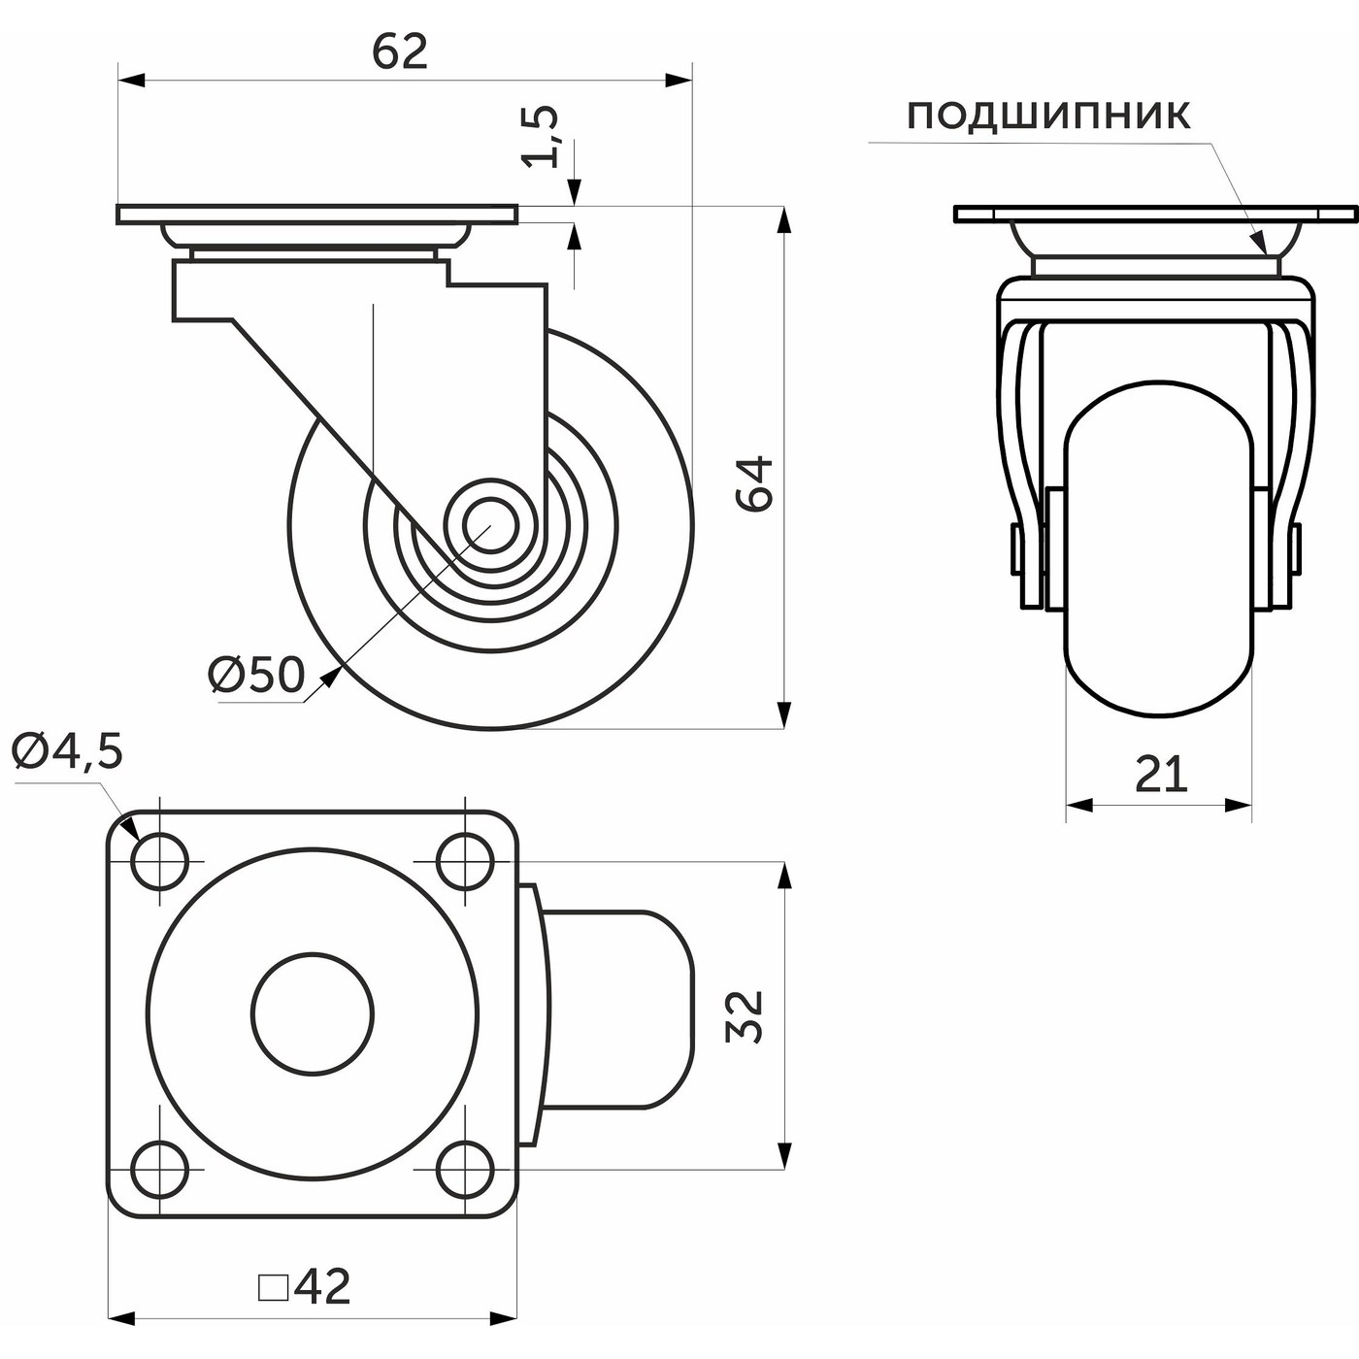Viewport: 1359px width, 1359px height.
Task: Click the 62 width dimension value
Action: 400,51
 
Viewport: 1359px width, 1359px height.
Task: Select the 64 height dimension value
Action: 755,482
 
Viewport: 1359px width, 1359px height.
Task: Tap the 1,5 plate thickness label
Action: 543,136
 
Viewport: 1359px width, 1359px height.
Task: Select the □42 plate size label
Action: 305,1287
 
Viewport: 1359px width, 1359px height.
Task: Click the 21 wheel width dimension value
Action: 1161,775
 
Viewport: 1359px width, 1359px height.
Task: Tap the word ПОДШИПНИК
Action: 1048,116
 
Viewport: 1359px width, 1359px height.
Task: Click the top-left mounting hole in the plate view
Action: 159,861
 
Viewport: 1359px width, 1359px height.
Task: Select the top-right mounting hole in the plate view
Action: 464,861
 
